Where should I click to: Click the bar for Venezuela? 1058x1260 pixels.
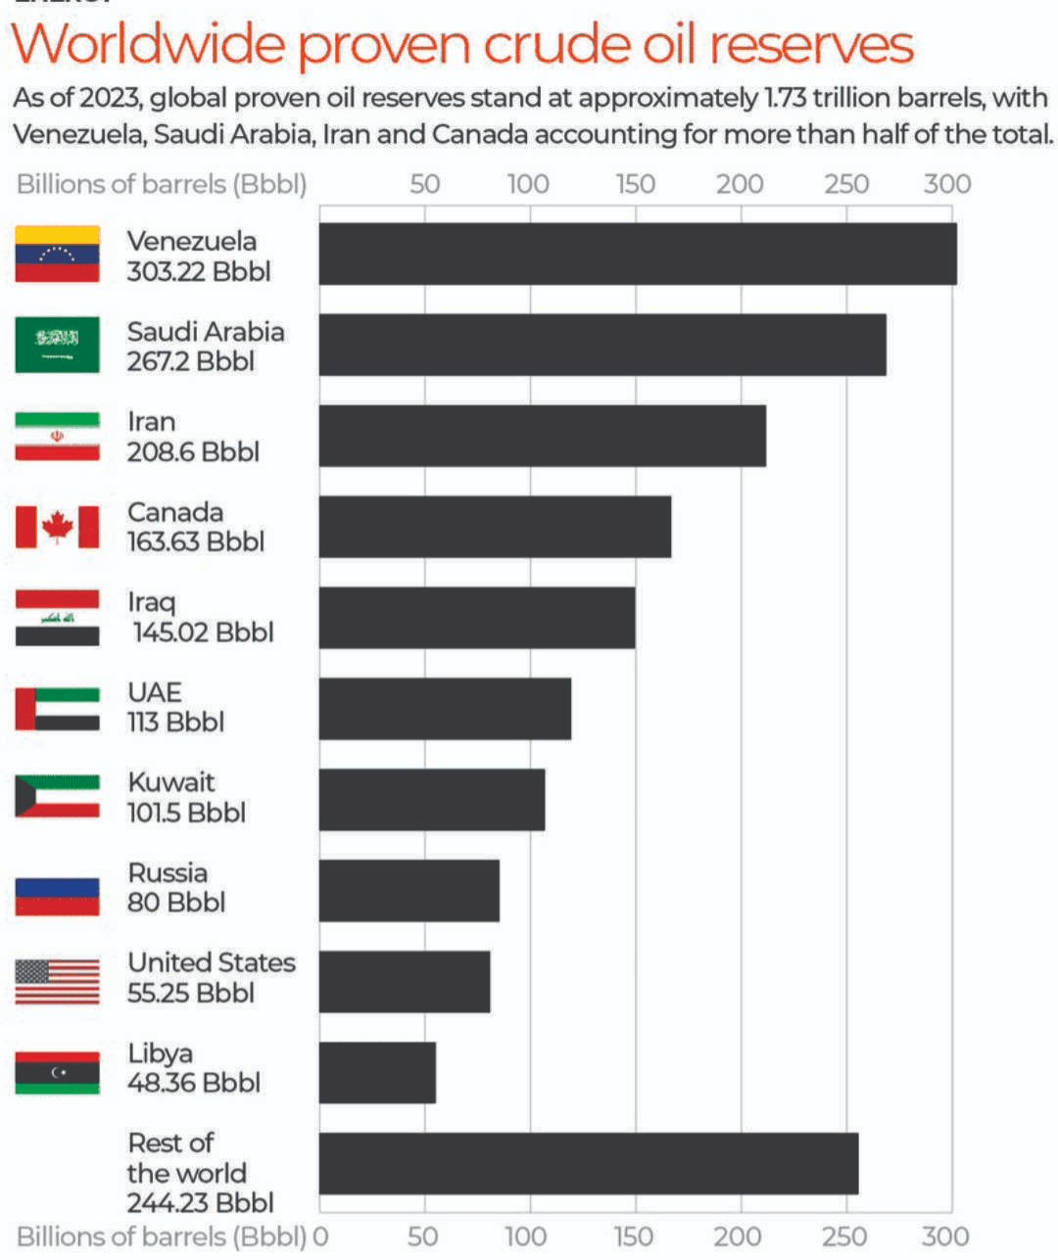[x=637, y=255]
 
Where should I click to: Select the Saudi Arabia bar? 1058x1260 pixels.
[x=601, y=345]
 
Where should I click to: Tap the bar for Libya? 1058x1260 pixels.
[x=377, y=1072]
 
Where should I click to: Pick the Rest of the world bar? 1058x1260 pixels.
[x=588, y=1163]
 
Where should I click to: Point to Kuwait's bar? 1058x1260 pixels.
[x=431, y=800]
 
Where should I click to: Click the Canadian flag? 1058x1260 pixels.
[x=57, y=527]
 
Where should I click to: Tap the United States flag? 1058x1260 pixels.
[x=57, y=981]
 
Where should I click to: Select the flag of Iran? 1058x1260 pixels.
[x=57, y=437]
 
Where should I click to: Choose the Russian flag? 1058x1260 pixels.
[x=57, y=896]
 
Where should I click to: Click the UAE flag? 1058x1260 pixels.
[x=57, y=709]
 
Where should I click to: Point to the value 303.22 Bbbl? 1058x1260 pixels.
[x=198, y=271]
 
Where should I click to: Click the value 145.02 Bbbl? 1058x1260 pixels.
[x=203, y=631]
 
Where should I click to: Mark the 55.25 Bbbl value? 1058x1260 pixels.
[x=190, y=993]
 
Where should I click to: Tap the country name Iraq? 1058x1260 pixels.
[x=151, y=602]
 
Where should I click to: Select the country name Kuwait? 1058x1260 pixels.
[x=170, y=782]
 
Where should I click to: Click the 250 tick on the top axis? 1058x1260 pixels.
[x=845, y=184]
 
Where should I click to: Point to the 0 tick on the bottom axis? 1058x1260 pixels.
[x=320, y=1237]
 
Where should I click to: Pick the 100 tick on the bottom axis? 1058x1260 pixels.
[x=529, y=1237]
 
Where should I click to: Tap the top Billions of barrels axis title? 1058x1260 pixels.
[x=162, y=184]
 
